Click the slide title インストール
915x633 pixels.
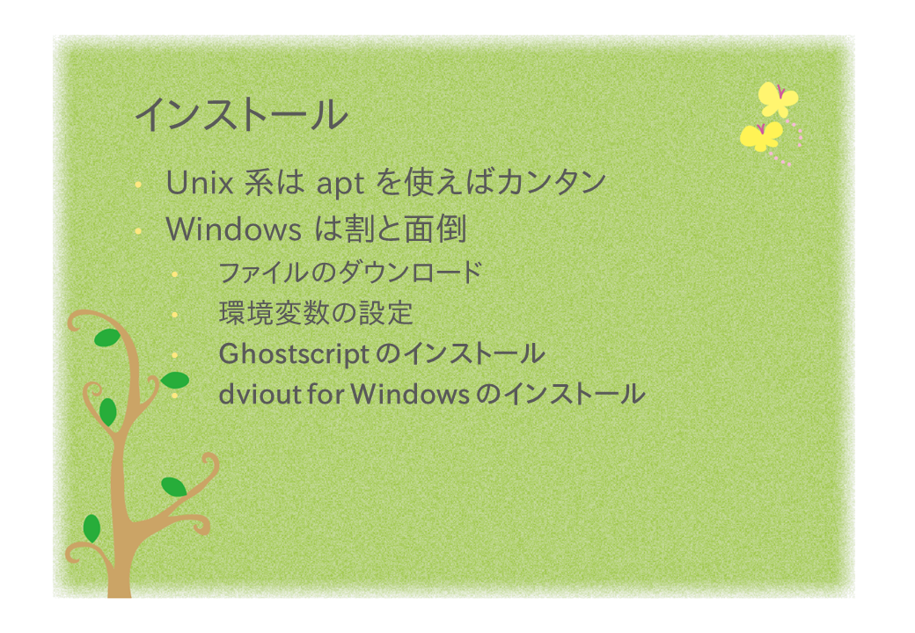(241, 115)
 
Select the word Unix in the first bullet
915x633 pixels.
(200, 183)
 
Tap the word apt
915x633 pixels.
(340, 185)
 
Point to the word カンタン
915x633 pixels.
(552, 182)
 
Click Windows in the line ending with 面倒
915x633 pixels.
(233, 229)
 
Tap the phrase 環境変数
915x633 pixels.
(274, 313)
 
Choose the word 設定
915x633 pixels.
(385, 313)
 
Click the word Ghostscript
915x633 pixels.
(294, 354)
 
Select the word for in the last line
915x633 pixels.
(326, 394)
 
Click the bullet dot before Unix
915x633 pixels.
(138, 186)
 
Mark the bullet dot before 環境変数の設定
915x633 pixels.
(174, 315)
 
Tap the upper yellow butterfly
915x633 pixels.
(778, 99)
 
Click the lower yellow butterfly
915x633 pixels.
(762, 135)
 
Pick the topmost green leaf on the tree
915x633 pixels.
(106, 338)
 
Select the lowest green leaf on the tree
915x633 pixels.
(91, 528)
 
